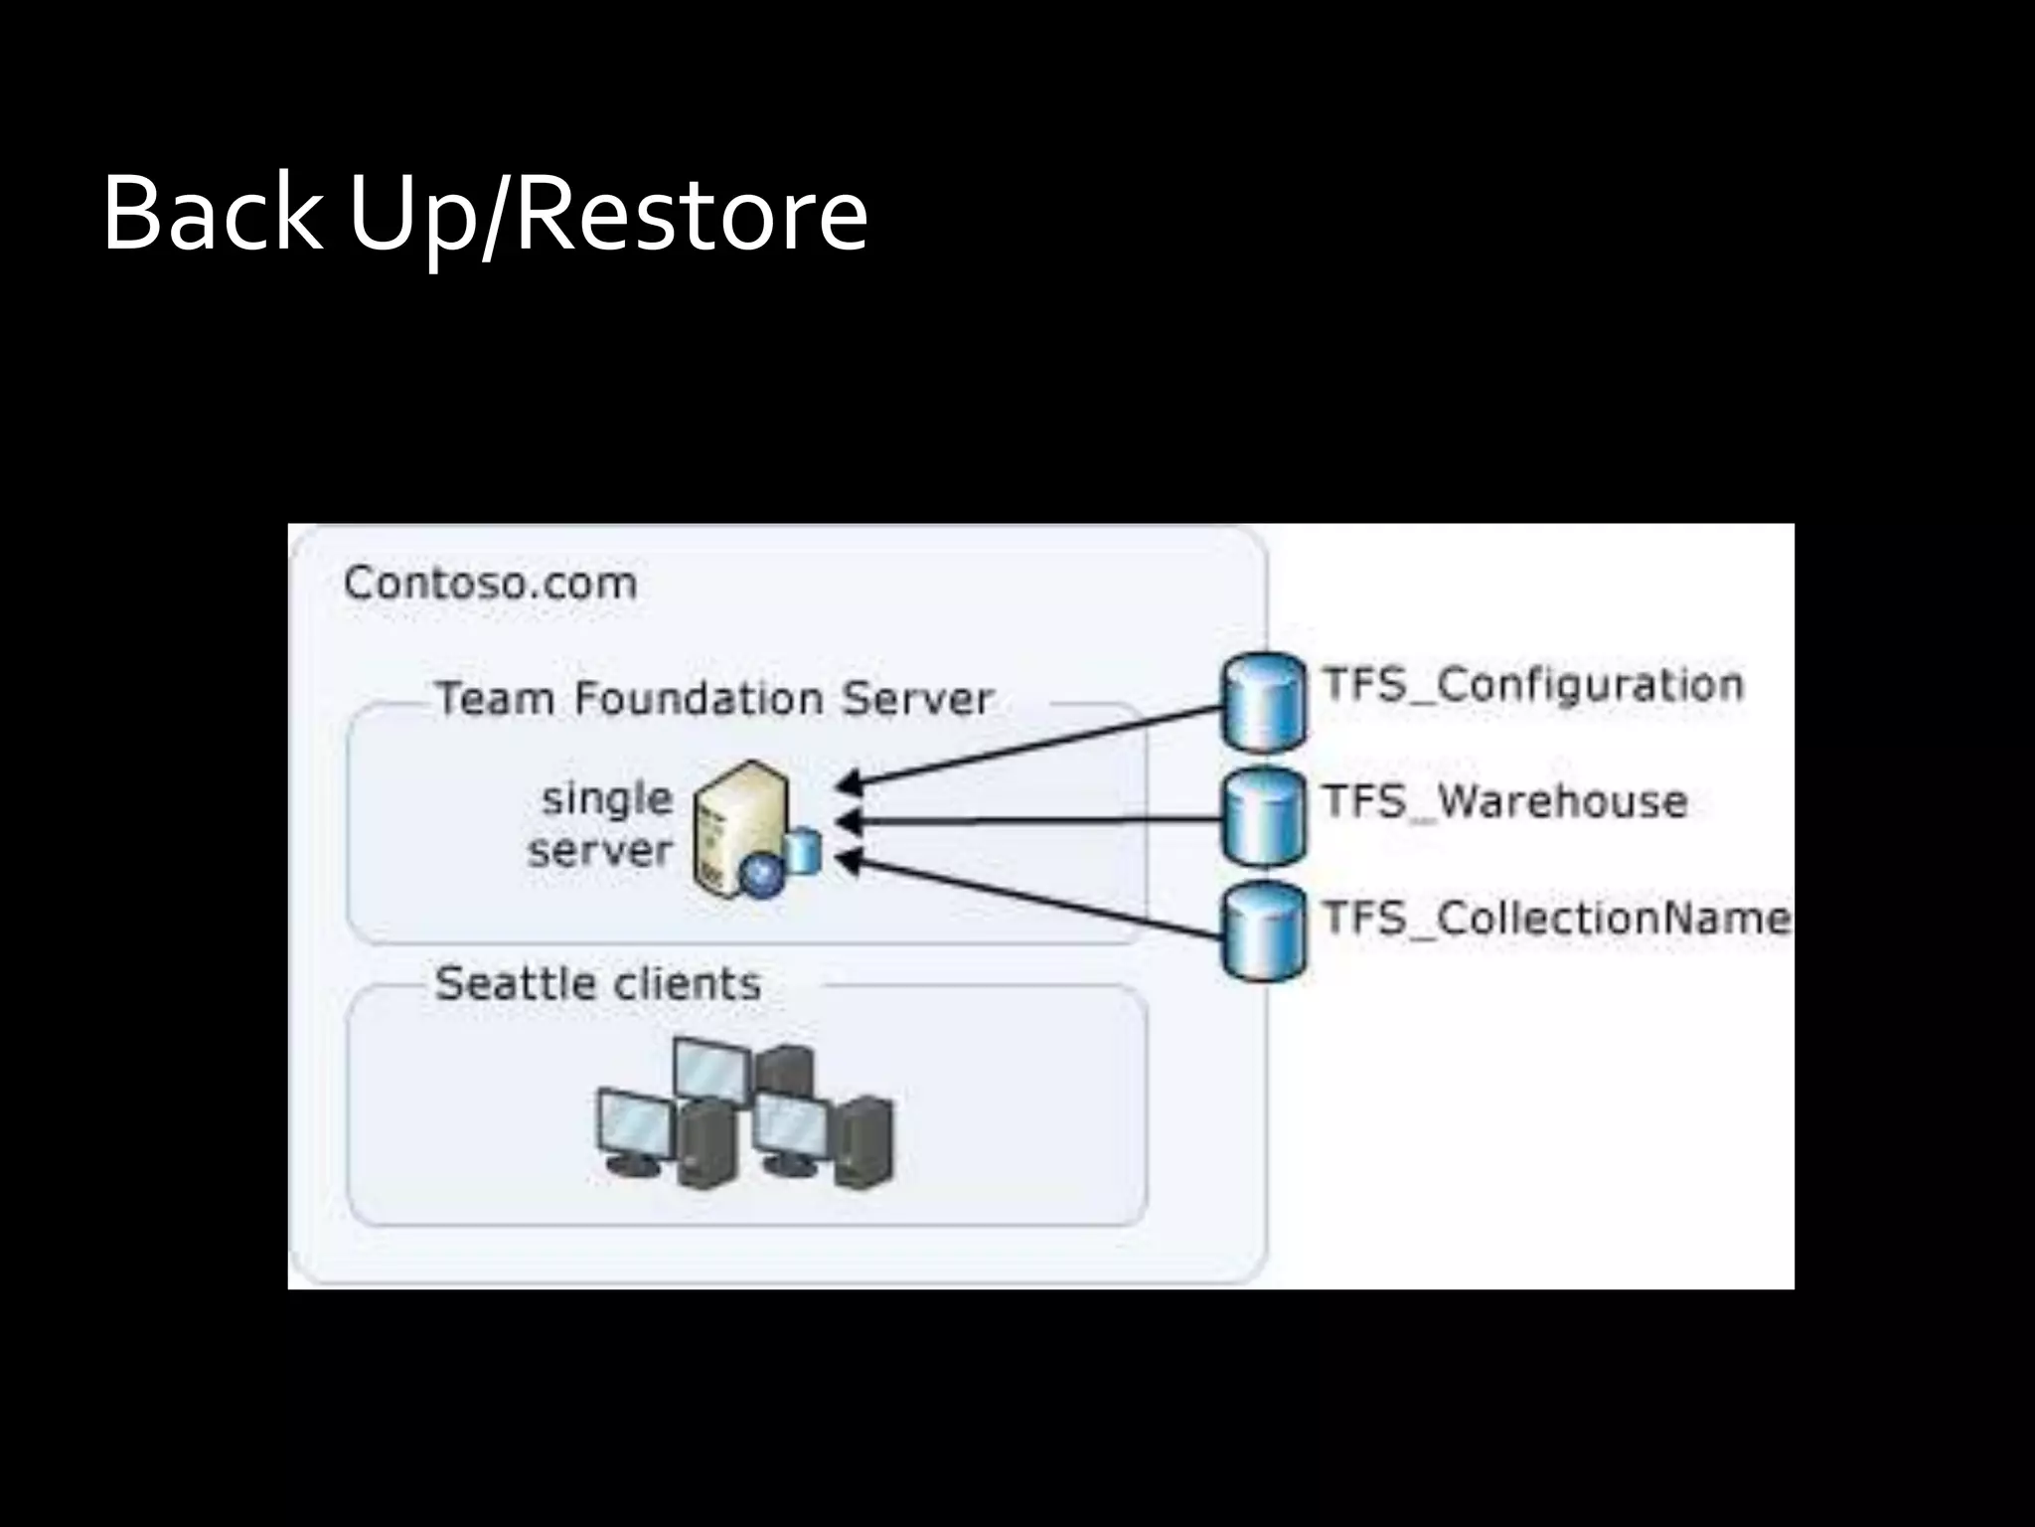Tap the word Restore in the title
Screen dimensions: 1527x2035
tap(692, 214)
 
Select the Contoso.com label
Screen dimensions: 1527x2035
tap(490, 584)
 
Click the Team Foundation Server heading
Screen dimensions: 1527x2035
tap(714, 699)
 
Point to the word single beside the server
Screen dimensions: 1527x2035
tap(607, 799)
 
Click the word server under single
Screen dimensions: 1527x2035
tap(600, 851)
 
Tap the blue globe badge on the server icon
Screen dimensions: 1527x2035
tap(763, 875)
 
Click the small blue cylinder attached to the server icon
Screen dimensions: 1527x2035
tap(802, 853)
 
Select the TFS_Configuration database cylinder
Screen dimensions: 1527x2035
tap(1263, 702)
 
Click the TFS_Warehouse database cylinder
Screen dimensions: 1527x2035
tap(1263, 817)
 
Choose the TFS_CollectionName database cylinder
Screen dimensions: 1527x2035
tap(1263, 933)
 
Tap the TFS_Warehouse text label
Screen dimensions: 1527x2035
tap(1505, 801)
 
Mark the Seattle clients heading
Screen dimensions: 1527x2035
tap(598, 984)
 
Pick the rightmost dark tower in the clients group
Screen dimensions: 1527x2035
tap(863, 1141)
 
